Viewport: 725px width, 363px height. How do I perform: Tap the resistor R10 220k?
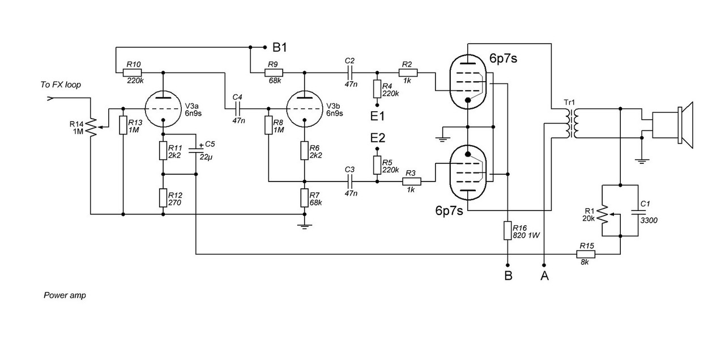133,73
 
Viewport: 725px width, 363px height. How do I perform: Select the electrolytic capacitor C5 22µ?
196,150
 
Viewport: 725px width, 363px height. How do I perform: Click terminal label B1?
280,48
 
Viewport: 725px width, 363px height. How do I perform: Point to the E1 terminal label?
377,116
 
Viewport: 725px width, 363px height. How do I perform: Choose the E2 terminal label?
377,138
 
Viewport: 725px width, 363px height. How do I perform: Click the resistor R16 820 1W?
508,231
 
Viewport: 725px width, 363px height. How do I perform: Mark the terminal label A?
544,276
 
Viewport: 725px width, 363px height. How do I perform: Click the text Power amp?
65,296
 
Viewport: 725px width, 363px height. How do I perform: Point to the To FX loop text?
61,85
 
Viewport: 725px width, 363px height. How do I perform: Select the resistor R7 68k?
305,197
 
